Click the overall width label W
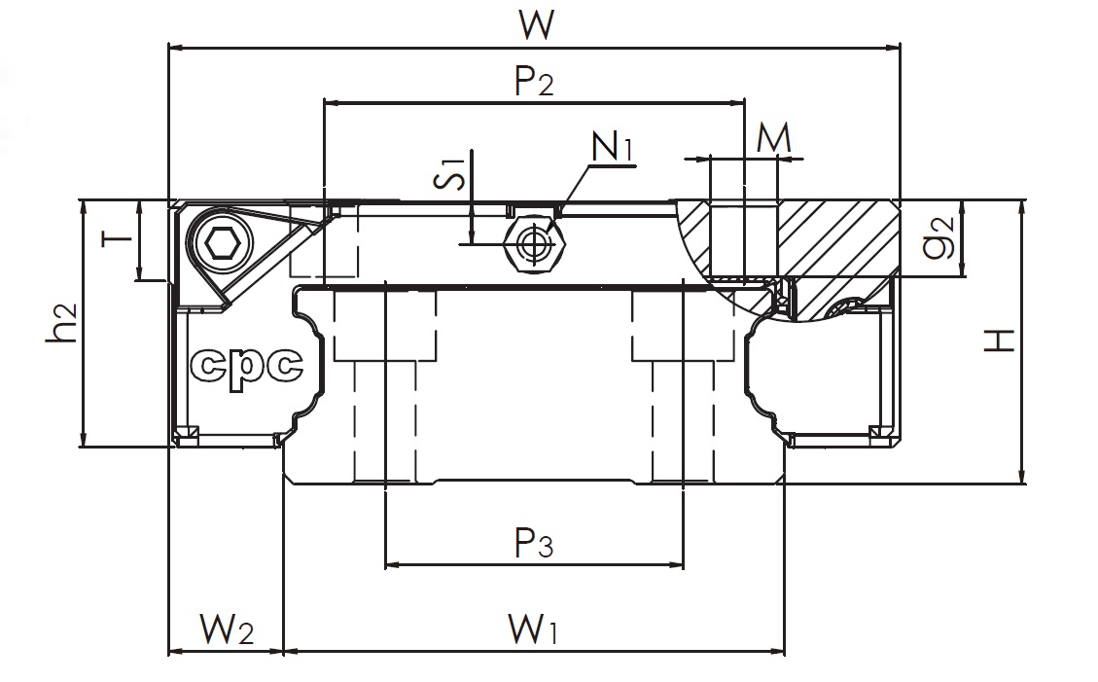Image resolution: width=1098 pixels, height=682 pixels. pyautogui.click(x=537, y=24)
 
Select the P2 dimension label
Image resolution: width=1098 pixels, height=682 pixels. pyautogui.click(x=534, y=81)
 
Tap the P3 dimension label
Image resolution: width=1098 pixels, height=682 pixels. pyautogui.click(x=534, y=543)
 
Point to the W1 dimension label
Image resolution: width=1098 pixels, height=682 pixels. pyautogui.click(x=534, y=628)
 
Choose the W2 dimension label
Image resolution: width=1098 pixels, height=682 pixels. pyautogui.click(x=227, y=628)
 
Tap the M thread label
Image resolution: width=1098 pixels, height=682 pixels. pyautogui.click(x=774, y=138)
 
